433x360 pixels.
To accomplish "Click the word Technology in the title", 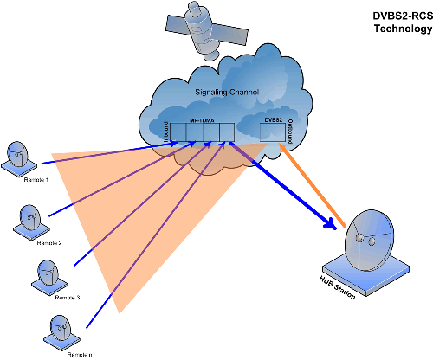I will coord(400,29).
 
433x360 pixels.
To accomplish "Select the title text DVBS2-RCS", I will coord(400,16).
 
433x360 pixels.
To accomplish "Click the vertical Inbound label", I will coord(165,132).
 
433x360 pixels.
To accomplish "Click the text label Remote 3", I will coord(68,297).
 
